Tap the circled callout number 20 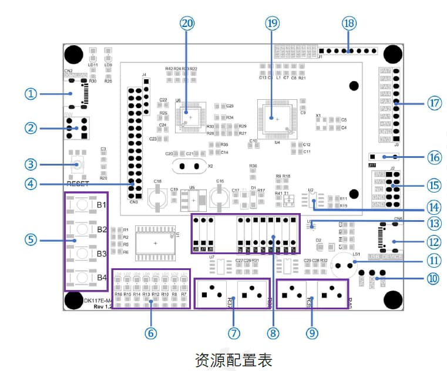click(x=187, y=23)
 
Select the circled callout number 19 click(x=271, y=23)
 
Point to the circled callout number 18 click(x=349, y=23)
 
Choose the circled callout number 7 click(x=234, y=333)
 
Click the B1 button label click(x=102, y=205)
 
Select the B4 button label click(x=102, y=278)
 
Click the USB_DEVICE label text click(x=385, y=257)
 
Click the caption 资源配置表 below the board click(x=233, y=359)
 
